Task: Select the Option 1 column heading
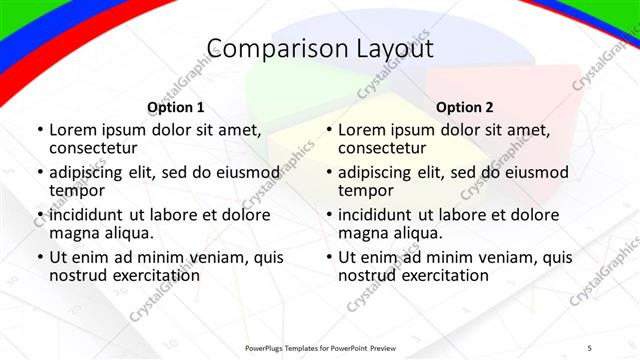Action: click(176, 107)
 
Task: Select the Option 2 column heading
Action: click(465, 107)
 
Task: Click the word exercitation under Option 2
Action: click(440, 275)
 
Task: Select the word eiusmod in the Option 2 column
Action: click(536, 172)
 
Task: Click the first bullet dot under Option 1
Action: click(39, 130)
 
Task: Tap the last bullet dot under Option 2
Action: click(328, 258)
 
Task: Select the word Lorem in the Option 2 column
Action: click(362, 129)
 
